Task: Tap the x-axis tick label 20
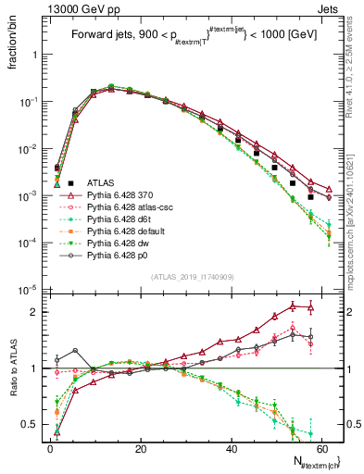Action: pyautogui.click(x=141, y=447)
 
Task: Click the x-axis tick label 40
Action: pyautogui.click(x=231, y=447)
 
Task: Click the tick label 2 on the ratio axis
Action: pyautogui.click(x=36, y=312)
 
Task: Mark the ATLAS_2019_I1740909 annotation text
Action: pyautogui.click(x=192, y=277)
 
